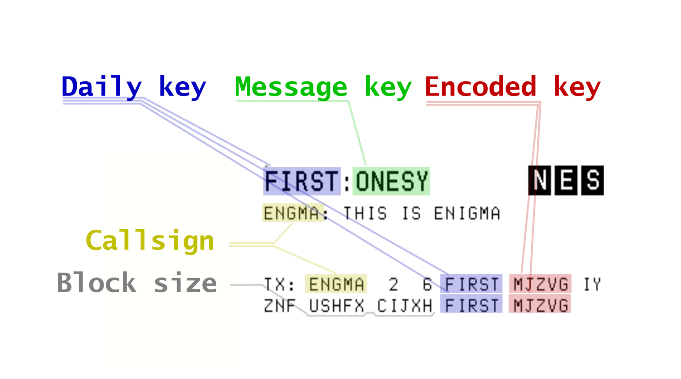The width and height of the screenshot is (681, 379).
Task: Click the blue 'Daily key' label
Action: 134,87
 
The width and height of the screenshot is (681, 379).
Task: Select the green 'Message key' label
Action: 323,87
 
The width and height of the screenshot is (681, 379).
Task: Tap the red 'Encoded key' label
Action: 513,87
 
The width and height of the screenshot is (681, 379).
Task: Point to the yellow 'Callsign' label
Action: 150,241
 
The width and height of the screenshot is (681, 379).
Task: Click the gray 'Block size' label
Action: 137,283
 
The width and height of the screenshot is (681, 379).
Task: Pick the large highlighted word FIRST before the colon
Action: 302,181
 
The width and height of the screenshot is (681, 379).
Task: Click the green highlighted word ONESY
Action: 391,181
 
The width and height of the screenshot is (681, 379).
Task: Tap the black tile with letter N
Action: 539,180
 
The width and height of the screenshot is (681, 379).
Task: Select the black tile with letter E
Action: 566,180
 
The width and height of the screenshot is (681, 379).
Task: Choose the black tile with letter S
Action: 592,180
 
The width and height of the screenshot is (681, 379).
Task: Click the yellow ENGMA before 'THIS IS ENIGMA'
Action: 292,213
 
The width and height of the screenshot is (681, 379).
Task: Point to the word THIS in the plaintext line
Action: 365,213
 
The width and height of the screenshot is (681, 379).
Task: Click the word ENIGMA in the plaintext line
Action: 467,213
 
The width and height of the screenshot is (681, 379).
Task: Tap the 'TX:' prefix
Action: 279,284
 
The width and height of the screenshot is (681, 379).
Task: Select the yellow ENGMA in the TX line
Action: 336,284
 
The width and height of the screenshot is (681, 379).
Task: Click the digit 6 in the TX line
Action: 427,284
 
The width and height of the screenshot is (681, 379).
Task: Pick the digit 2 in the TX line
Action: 393,284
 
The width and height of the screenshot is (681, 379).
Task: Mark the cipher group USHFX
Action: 336,306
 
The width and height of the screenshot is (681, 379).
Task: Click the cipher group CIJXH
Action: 404,306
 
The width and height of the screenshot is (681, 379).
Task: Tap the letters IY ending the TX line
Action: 592,284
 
